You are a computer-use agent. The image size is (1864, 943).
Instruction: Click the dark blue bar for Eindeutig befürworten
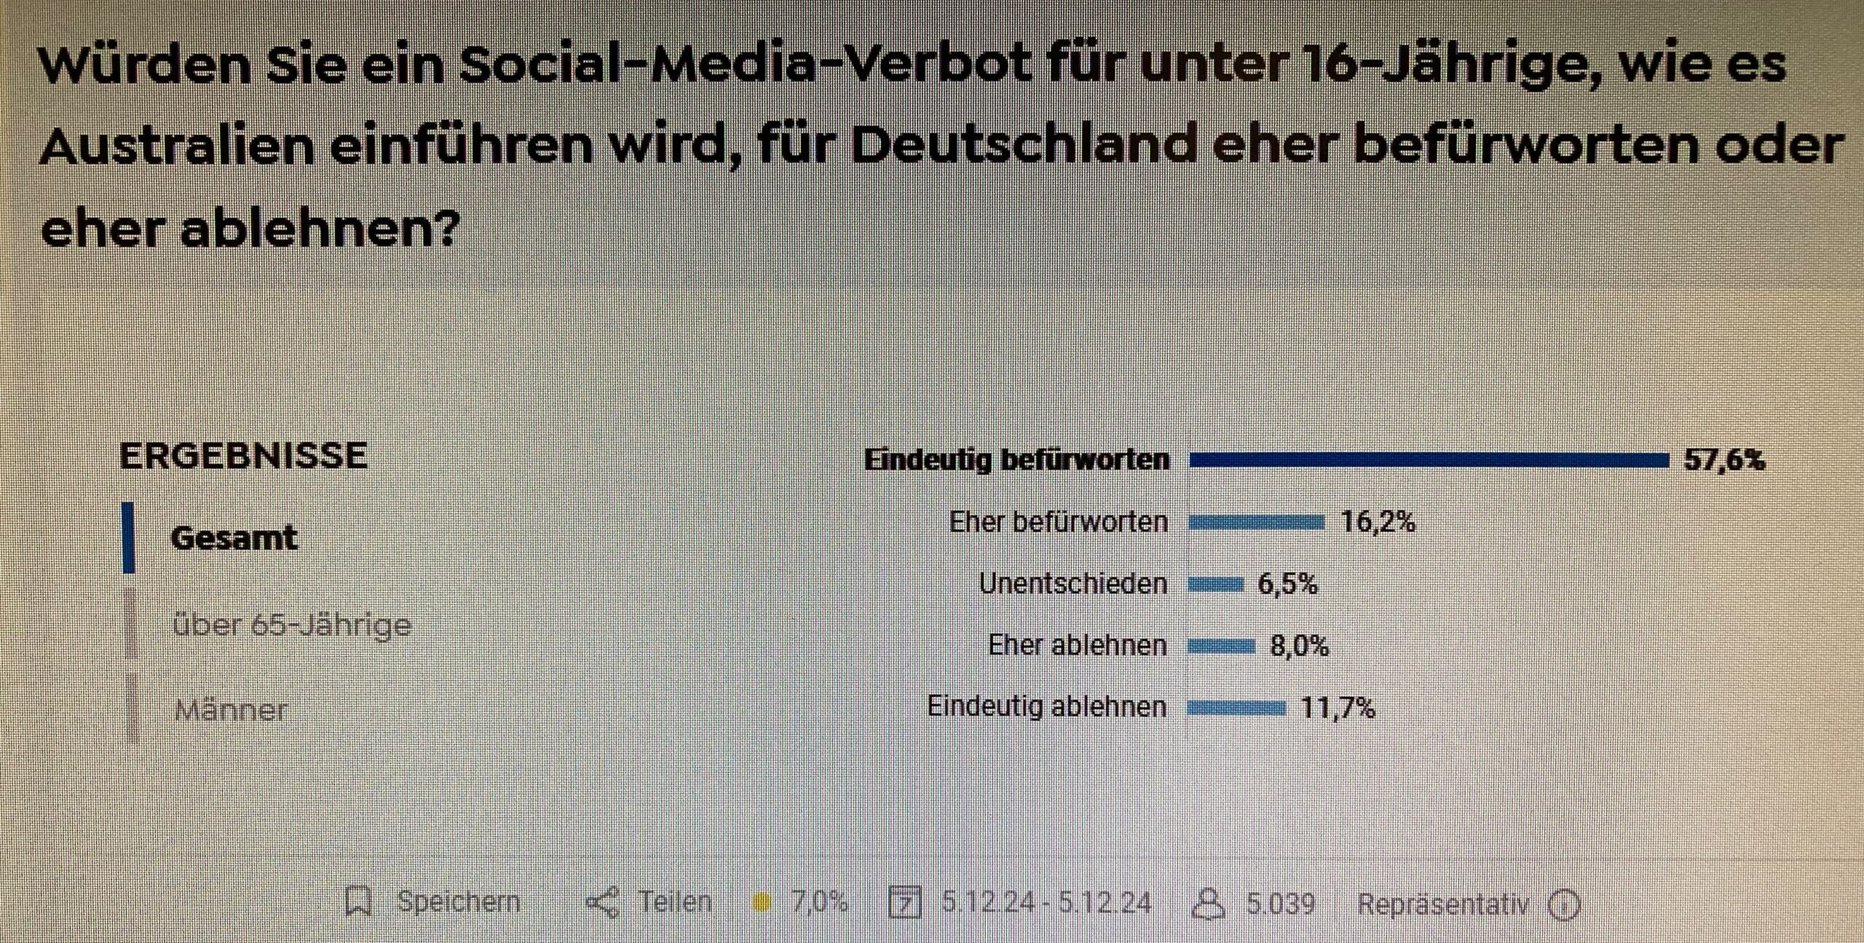(x=1429, y=460)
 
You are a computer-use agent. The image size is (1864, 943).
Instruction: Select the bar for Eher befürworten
(x=1256, y=522)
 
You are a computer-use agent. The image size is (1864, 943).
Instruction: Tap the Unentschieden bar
(x=1215, y=584)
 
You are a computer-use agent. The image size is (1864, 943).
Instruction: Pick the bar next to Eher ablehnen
(x=1221, y=646)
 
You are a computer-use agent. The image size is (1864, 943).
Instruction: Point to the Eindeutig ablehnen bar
(x=1236, y=708)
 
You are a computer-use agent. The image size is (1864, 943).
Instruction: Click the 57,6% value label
(x=1724, y=460)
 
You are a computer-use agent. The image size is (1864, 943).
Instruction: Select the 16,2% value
(x=1378, y=522)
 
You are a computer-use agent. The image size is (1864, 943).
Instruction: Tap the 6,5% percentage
(x=1287, y=584)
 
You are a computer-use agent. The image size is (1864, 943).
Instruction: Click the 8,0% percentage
(x=1299, y=646)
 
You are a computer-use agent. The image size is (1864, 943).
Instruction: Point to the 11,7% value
(x=1338, y=708)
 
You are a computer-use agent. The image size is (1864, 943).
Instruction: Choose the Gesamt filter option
(x=234, y=538)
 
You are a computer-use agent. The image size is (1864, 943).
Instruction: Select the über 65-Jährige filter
(x=292, y=625)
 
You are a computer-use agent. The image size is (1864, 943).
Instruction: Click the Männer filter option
(x=232, y=709)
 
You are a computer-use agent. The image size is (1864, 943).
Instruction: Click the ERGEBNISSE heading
(x=243, y=457)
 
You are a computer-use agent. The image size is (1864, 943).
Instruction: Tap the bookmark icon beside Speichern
(x=358, y=902)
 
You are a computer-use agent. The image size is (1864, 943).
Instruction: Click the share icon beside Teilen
(x=602, y=903)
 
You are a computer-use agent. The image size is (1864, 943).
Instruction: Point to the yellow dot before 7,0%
(x=762, y=903)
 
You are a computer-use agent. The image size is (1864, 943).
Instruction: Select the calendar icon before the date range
(x=905, y=903)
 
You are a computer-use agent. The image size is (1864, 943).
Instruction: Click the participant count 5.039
(x=1280, y=904)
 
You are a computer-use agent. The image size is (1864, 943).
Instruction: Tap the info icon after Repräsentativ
(x=1563, y=905)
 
